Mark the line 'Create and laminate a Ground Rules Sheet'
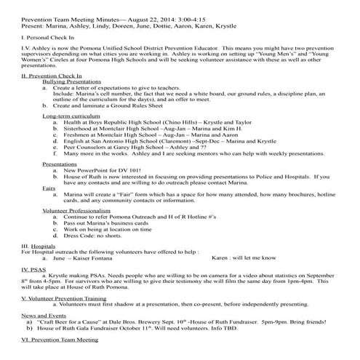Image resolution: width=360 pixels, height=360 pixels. click(121, 106)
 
